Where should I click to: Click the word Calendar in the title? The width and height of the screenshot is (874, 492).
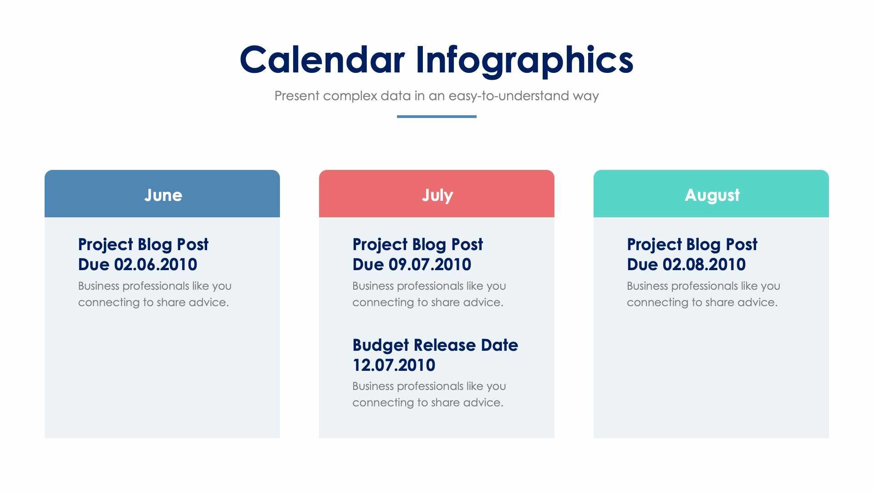pos(322,60)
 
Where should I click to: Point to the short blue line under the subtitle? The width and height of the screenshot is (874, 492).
pos(437,117)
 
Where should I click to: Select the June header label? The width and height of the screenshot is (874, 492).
pos(163,195)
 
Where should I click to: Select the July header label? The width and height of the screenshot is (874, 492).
pos(437,195)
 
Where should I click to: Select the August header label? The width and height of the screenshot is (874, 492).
pos(712,195)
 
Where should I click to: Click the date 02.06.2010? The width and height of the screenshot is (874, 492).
pos(155,265)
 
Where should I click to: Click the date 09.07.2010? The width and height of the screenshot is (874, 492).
pos(430,265)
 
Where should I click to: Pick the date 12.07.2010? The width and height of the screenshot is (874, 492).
pos(394,365)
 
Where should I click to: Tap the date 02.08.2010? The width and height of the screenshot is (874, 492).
pos(704,265)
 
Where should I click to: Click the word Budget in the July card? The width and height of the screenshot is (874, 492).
pos(381,345)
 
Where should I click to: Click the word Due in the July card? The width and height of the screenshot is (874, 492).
pos(368,265)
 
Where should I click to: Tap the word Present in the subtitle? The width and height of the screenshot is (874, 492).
pos(297,96)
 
